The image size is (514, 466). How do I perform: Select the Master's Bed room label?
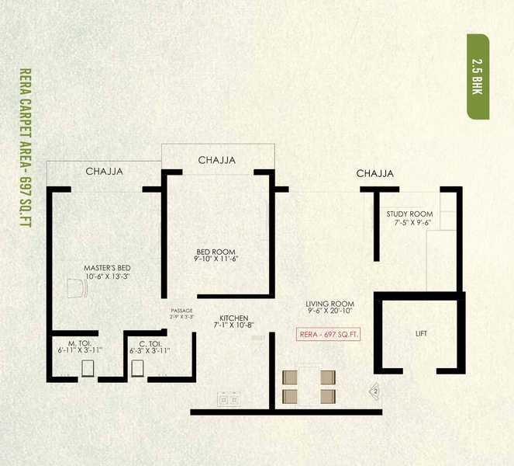click(x=106, y=272)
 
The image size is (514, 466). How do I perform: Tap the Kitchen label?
click(x=233, y=322)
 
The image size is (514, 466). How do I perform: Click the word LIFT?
click(x=421, y=334)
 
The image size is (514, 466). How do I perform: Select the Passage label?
click(x=181, y=314)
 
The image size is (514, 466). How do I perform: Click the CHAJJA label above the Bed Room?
click(x=217, y=160)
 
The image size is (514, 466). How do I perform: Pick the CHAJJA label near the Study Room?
click(x=375, y=173)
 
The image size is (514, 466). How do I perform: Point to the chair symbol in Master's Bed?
click(x=76, y=288)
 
